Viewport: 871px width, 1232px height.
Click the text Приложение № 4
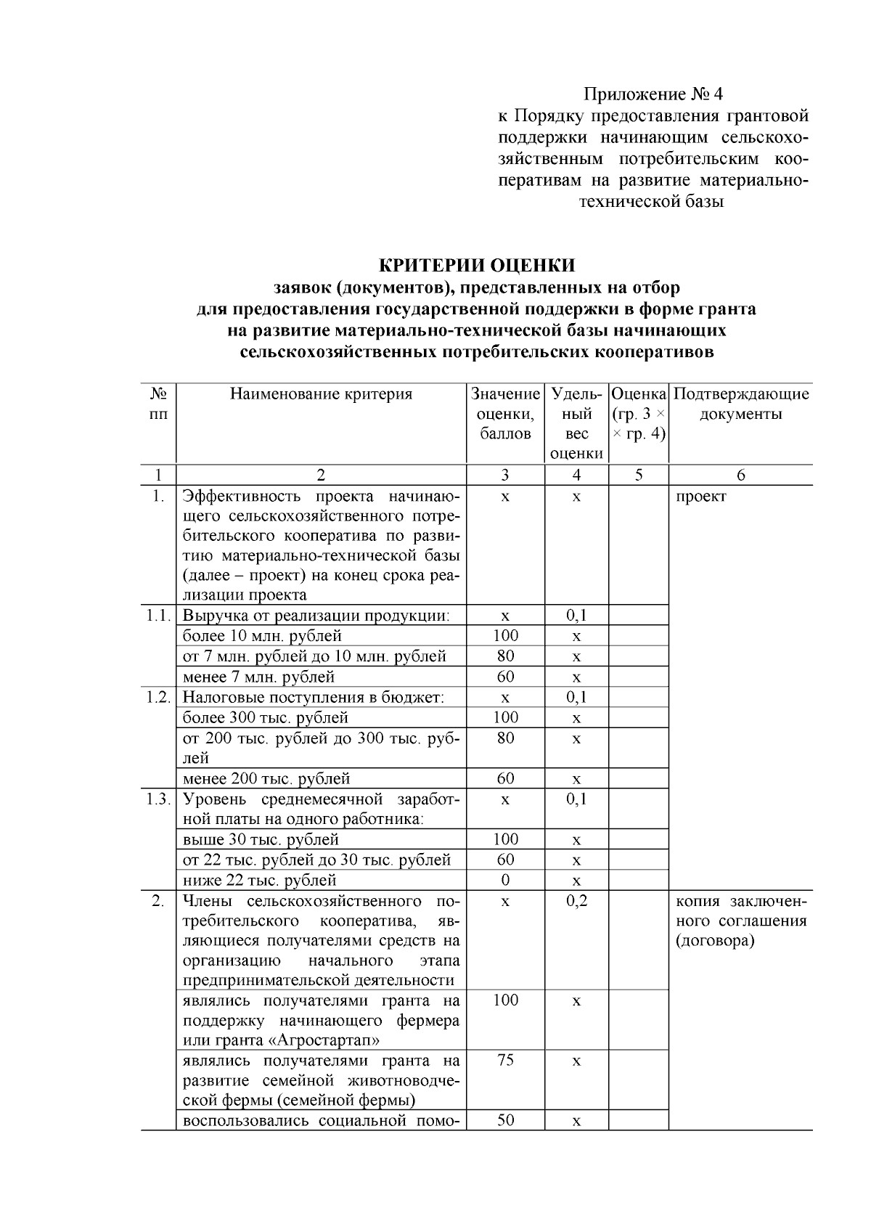[654, 94]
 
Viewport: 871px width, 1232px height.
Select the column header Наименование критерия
[321, 394]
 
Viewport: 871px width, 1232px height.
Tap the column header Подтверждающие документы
[740, 404]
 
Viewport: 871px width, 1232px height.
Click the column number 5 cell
[638, 476]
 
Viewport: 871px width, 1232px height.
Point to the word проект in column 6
[700, 497]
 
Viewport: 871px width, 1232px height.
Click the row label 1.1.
[158, 616]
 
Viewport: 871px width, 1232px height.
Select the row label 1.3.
[158, 799]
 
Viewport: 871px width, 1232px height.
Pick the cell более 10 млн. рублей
[262, 636]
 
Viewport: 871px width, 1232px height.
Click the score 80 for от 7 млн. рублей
[505, 656]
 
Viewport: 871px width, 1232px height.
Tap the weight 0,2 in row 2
[576, 902]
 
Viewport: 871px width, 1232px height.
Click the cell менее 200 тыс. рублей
[266, 779]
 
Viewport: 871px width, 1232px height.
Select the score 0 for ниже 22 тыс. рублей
[505, 880]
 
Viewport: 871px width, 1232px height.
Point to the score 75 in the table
[505, 1060]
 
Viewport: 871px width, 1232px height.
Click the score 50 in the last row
[505, 1119]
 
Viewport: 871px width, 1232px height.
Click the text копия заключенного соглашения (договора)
[740, 921]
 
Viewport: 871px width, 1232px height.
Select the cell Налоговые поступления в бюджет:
[313, 698]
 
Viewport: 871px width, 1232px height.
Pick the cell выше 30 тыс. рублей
[261, 840]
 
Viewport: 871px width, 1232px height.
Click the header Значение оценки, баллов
[505, 414]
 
